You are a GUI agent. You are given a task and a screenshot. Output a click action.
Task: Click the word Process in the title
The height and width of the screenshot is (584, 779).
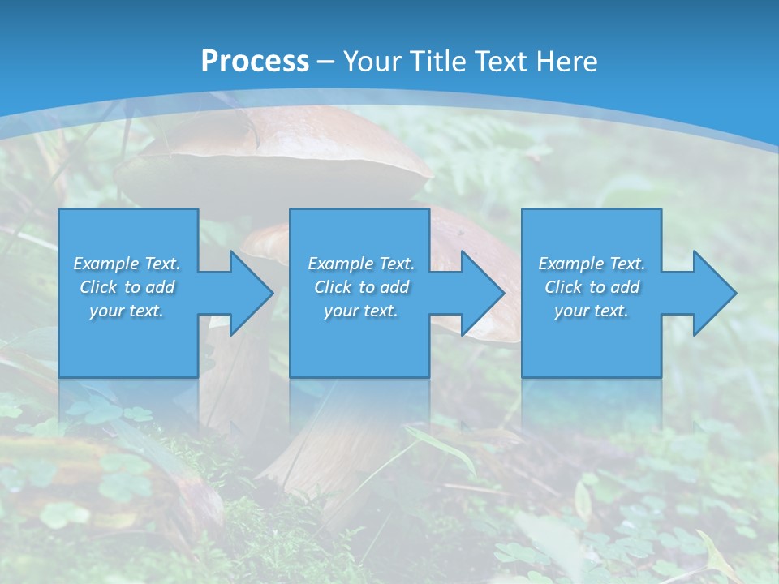point(255,61)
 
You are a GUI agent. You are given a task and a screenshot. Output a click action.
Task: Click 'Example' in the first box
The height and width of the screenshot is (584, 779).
point(105,264)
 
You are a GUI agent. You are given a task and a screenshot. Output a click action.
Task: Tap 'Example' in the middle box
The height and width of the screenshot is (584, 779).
point(340,264)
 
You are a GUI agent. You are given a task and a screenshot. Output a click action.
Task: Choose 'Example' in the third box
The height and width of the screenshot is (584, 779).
point(570,264)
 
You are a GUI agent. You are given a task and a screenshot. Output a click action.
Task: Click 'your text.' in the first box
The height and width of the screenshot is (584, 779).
point(127,311)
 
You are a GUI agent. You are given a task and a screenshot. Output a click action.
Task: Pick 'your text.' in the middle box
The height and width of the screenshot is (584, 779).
point(361,311)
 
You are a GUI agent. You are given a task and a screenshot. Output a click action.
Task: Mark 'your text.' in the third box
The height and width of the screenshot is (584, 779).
point(592,311)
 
